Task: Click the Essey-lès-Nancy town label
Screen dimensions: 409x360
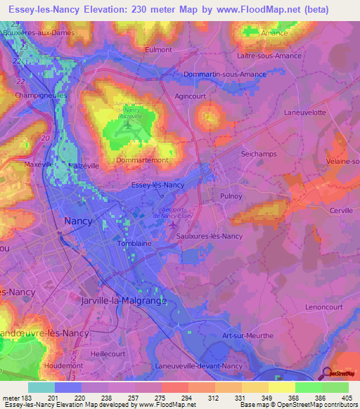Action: tap(158, 185)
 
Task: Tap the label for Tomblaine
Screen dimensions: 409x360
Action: tap(135, 244)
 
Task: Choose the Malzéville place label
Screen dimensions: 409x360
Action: tap(86, 166)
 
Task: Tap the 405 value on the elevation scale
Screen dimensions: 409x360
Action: tap(345, 397)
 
